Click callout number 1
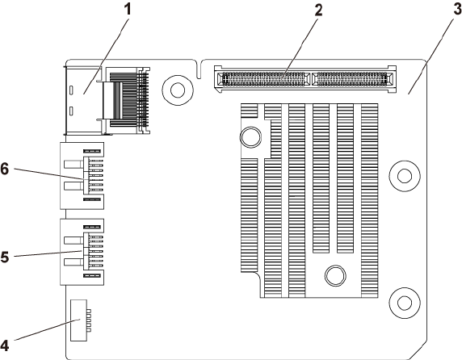click(x=128, y=10)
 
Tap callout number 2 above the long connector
click(x=318, y=10)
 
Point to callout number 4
click(x=5, y=345)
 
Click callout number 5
click(x=5, y=257)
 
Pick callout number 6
click(x=5, y=170)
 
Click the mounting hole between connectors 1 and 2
click(x=178, y=90)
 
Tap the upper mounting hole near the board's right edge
click(x=405, y=176)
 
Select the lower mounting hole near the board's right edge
click(x=405, y=303)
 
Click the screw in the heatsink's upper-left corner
click(x=250, y=137)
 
